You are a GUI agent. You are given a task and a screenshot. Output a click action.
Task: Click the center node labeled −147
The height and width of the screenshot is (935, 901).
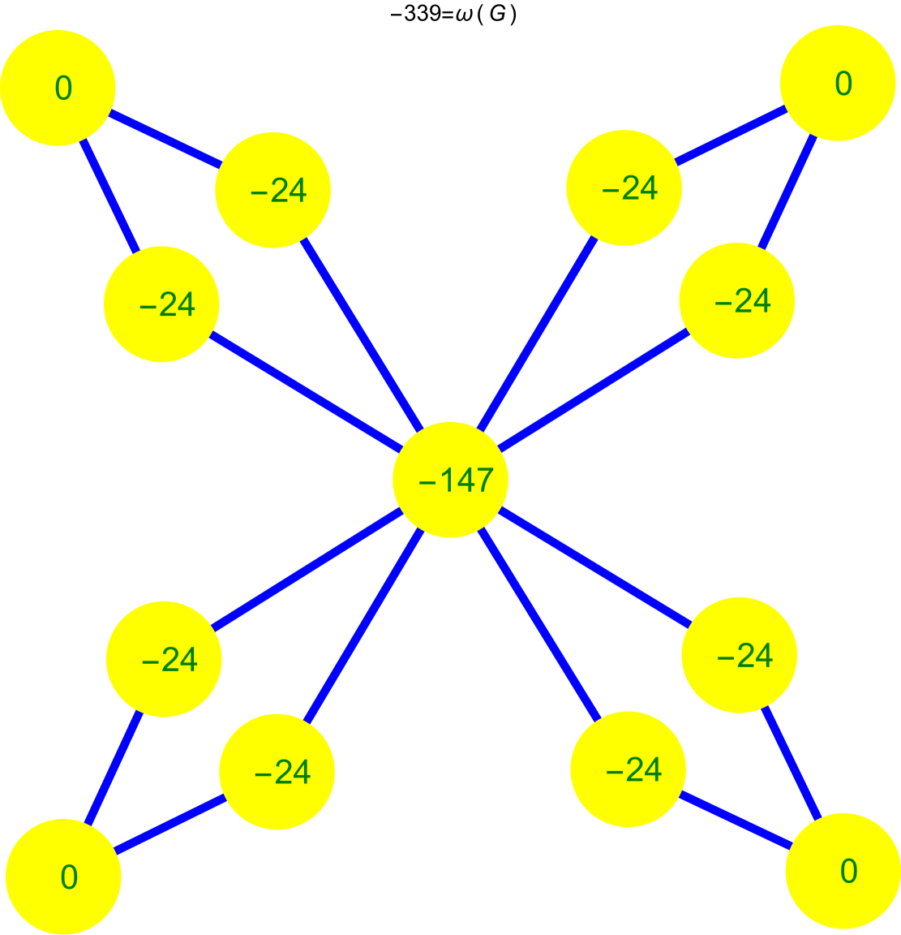click(450, 480)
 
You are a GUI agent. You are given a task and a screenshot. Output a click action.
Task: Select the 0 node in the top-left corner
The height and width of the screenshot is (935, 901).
click(58, 88)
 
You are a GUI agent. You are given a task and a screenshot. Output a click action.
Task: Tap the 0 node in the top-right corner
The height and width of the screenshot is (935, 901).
click(838, 83)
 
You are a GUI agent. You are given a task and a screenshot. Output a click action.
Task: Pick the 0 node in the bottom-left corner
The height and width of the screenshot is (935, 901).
click(63, 877)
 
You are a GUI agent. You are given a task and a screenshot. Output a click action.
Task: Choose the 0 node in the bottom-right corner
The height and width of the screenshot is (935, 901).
click(843, 871)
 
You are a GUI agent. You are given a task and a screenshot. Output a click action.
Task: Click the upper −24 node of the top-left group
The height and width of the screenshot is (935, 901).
click(272, 189)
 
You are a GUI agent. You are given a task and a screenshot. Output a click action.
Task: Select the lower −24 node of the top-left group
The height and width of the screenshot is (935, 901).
click(161, 304)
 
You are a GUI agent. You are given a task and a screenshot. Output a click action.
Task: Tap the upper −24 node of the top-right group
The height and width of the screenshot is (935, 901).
click(624, 187)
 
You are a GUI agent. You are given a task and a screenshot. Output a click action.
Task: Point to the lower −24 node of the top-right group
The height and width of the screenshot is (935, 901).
click(736, 300)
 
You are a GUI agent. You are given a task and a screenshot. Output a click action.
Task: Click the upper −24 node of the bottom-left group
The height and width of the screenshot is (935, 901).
click(164, 659)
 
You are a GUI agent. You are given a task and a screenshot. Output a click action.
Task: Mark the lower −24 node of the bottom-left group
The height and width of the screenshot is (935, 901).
click(277, 771)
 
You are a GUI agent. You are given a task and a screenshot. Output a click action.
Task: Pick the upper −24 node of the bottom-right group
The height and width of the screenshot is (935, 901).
click(739, 655)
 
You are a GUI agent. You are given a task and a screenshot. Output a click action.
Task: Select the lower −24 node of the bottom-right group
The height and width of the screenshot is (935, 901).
click(628, 769)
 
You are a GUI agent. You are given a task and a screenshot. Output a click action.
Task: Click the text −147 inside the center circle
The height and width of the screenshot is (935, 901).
click(456, 480)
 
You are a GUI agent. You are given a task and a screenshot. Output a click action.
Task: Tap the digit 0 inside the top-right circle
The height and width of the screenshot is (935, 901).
click(843, 84)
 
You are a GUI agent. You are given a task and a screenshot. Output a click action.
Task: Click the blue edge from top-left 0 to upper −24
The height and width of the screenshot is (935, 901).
click(165, 139)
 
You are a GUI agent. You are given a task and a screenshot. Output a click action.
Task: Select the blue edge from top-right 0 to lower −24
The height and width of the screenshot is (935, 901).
click(787, 192)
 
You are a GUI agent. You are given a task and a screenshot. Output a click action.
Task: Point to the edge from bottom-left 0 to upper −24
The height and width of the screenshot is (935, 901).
click(114, 768)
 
